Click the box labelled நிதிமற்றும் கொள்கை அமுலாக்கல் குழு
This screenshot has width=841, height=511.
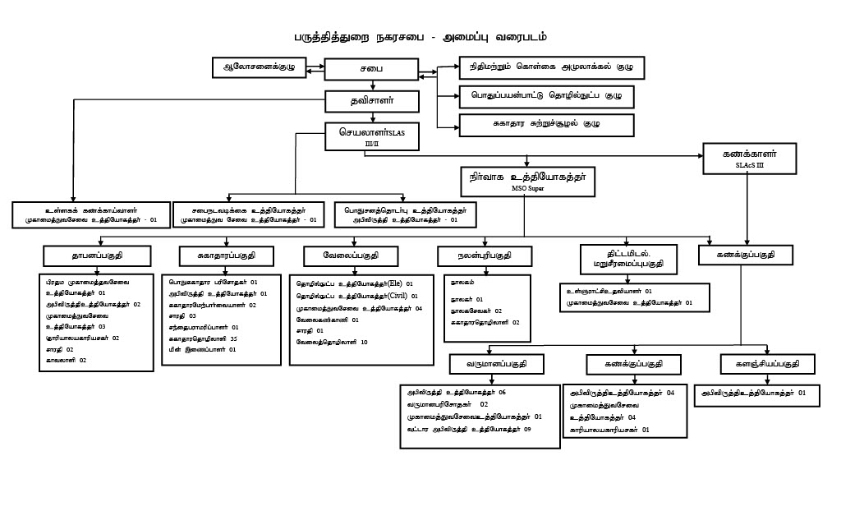551,66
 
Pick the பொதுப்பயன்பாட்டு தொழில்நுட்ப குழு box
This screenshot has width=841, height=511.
546,95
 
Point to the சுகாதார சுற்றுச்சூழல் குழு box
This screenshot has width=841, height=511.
546,125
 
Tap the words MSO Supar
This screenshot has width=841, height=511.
527,189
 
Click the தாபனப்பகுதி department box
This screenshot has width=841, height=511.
98,255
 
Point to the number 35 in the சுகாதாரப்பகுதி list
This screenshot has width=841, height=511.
234,338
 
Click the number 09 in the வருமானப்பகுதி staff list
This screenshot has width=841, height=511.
527,429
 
